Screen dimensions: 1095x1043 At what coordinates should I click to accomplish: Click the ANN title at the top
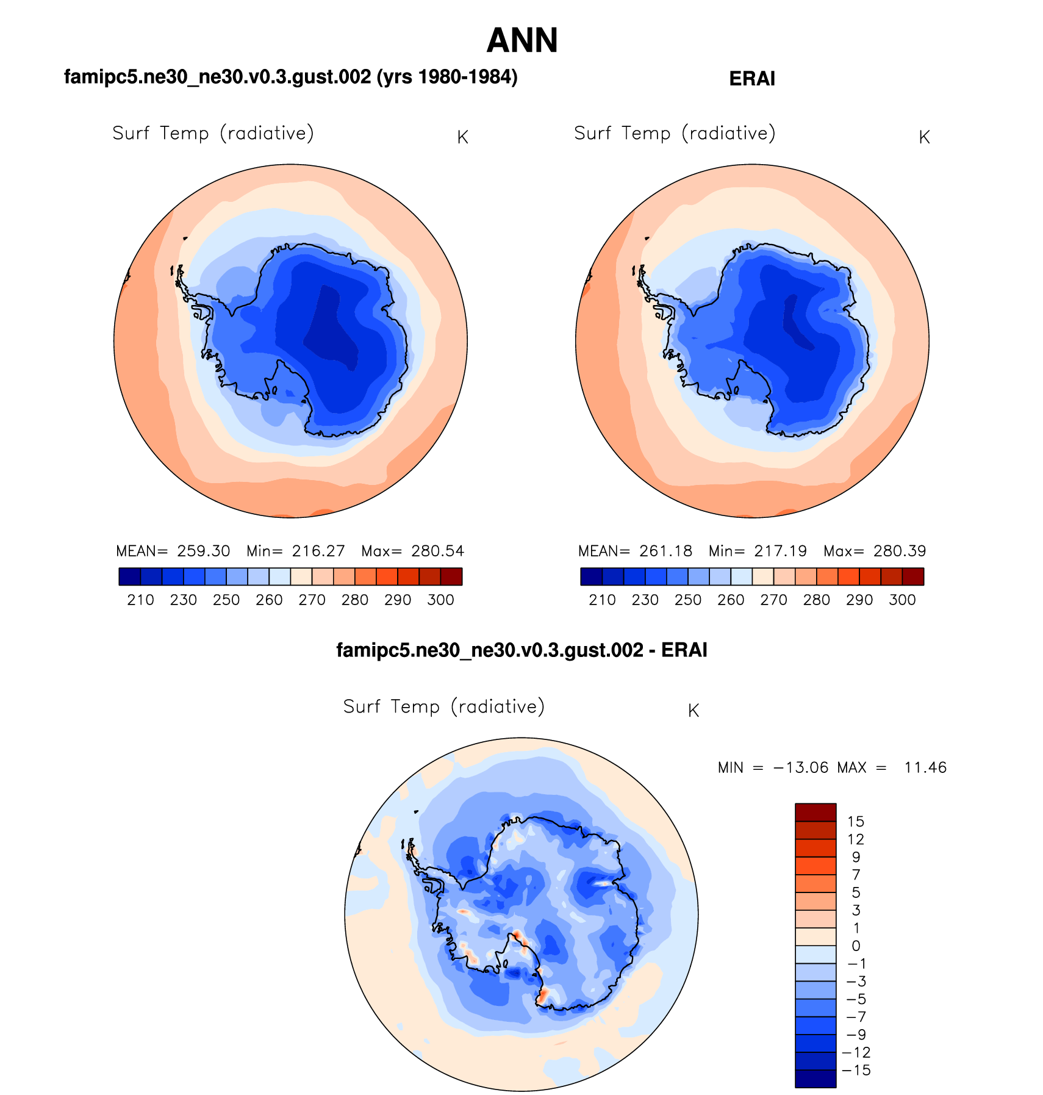522,41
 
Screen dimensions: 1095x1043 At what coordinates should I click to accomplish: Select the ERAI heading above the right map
752,79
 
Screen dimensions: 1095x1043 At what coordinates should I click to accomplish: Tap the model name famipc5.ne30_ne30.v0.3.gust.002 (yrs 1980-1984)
290,77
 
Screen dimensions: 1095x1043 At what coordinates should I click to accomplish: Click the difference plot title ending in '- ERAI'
521,650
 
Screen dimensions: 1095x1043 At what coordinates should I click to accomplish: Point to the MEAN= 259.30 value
173,551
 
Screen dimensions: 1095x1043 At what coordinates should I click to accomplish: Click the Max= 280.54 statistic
412,551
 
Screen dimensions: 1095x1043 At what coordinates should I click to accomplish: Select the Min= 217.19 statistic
758,551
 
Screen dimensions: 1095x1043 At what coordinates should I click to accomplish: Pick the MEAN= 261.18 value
635,551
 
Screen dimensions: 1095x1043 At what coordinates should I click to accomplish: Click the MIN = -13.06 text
773,767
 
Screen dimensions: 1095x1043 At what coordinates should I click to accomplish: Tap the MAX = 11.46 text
892,767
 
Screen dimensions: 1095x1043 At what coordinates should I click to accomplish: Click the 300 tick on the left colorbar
440,600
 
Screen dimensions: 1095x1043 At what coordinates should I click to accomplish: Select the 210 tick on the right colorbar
602,600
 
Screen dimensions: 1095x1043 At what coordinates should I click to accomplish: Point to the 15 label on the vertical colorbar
856,822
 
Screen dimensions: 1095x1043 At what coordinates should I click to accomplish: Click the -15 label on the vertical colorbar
856,1070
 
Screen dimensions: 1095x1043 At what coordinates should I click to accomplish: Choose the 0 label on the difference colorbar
856,946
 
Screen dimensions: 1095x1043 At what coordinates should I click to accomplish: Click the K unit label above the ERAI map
924,138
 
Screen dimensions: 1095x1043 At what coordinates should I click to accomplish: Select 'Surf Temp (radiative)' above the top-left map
213,134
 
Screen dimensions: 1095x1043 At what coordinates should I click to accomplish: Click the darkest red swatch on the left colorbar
451,576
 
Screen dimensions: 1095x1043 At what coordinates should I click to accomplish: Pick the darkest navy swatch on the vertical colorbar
815,1079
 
